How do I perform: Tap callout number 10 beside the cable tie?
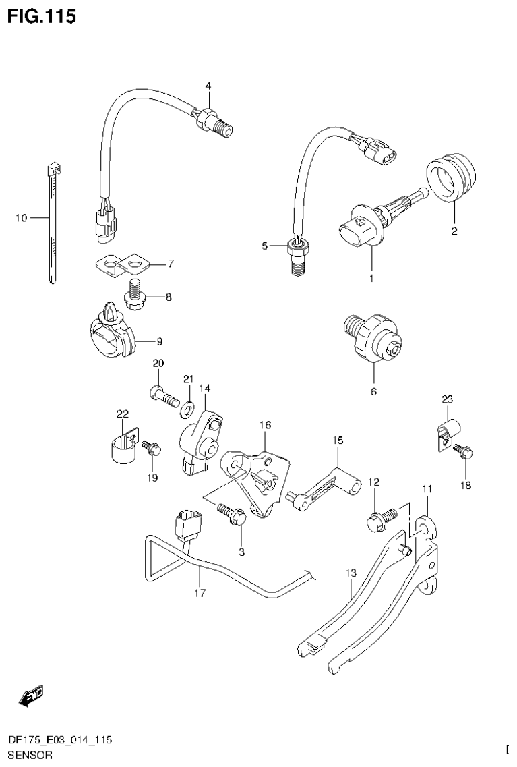pos(20,218)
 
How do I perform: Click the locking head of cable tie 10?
pos(53,168)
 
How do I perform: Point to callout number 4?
pos(208,86)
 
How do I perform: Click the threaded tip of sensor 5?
pos(297,265)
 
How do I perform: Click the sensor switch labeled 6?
pos(373,337)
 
